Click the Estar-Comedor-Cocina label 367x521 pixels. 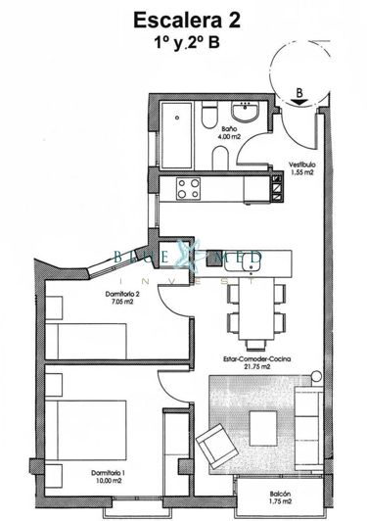pos(261,358)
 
